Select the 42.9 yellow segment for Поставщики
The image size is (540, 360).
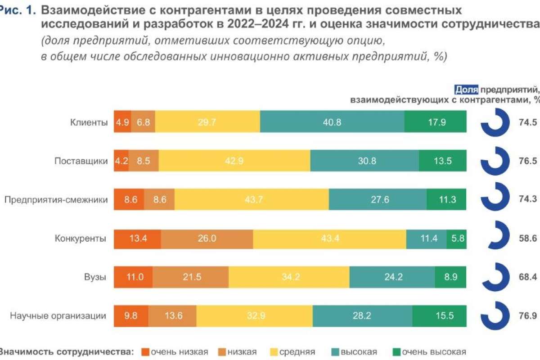pos(234,161)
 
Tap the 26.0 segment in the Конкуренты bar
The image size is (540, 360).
pos(207,238)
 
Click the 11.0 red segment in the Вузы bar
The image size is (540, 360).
pos(133,277)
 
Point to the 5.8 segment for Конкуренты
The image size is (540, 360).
pos(456,238)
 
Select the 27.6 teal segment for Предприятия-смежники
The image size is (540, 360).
pos(378,199)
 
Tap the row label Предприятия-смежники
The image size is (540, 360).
pos(56,200)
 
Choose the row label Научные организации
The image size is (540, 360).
pos(58,315)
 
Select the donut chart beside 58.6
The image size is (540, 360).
pos(495,238)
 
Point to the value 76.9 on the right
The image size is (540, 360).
pos(528,315)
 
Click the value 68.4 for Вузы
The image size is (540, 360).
pos(528,277)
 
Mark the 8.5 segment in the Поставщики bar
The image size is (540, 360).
pos(144,161)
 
